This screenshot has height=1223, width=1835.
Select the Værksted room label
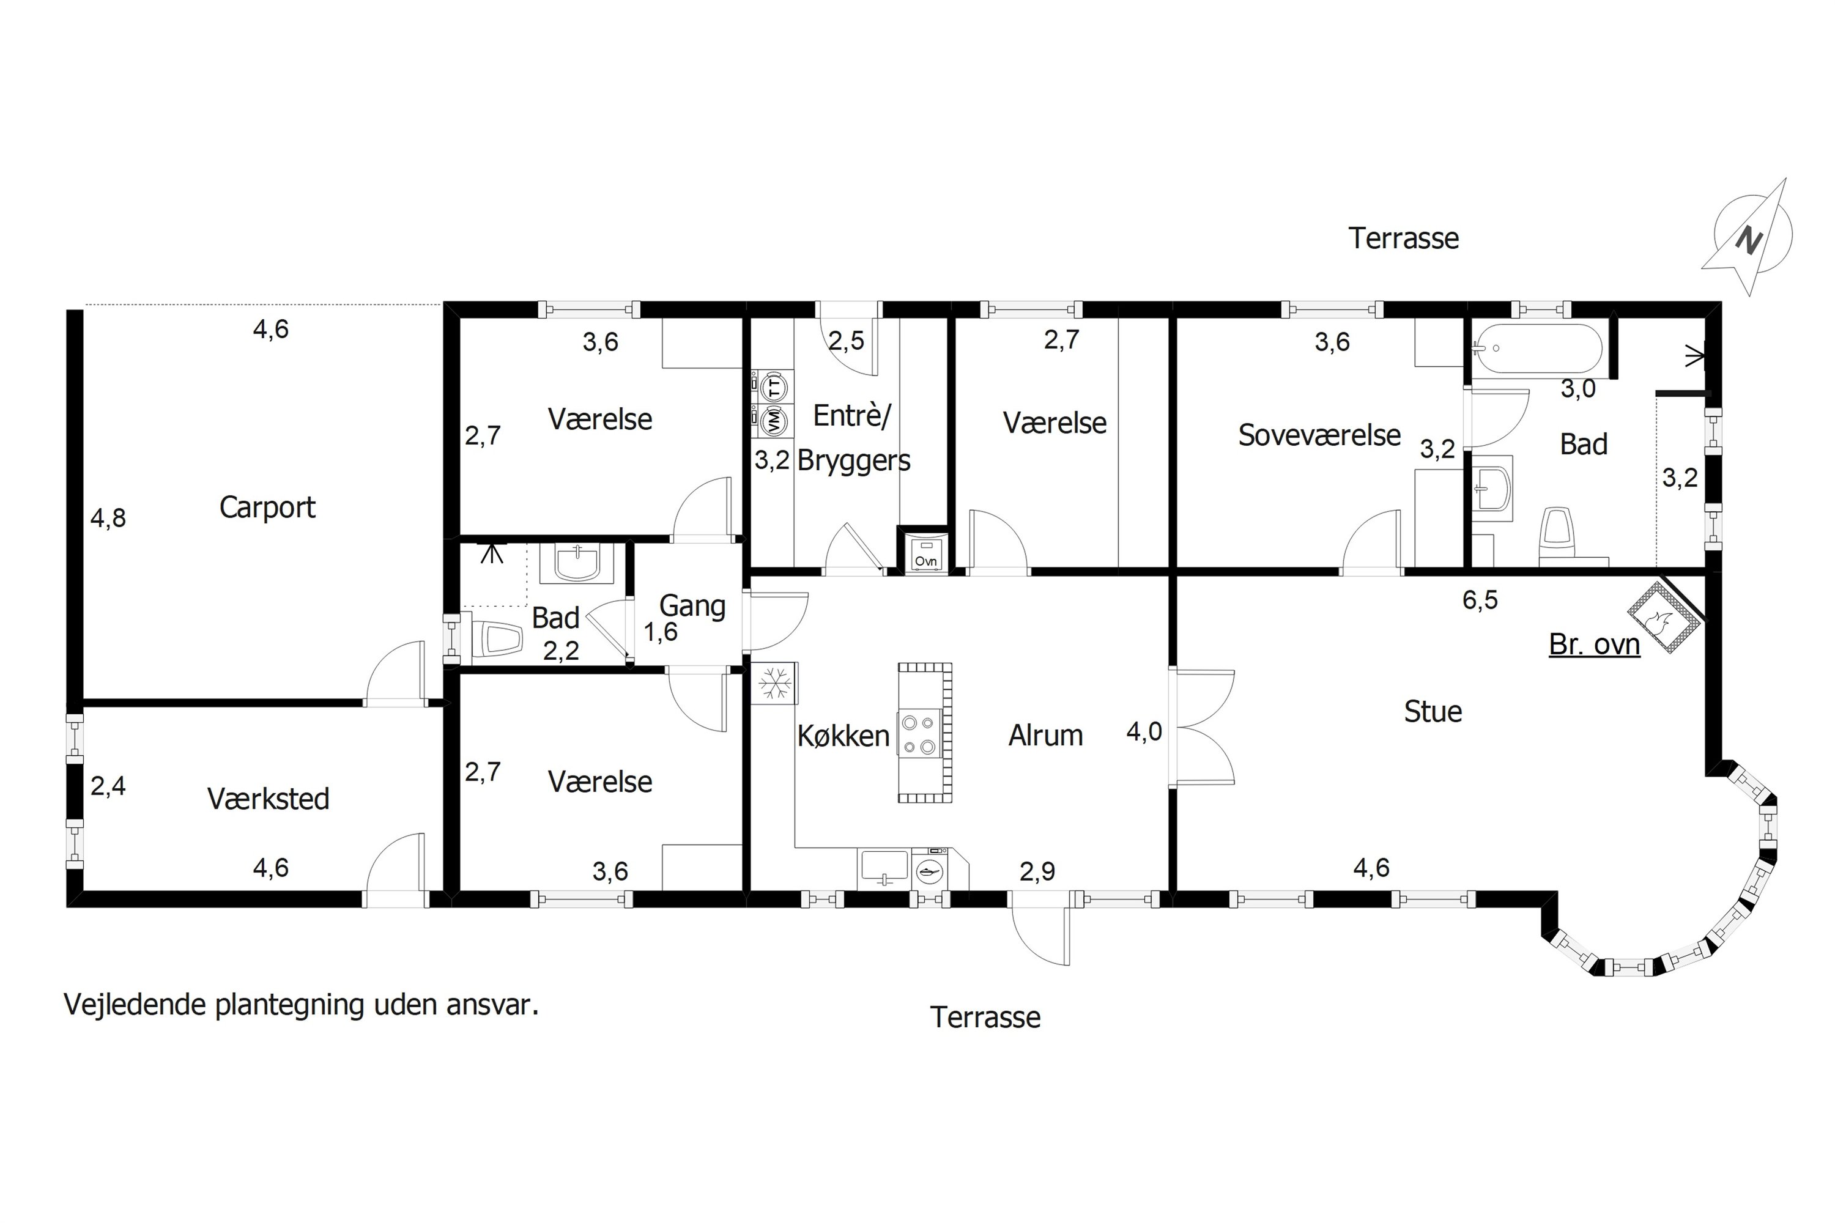click(x=269, y=799)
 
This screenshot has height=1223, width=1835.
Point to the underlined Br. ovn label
click(x=1594, y=645)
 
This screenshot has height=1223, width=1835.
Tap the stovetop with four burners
click(x=918, y=734)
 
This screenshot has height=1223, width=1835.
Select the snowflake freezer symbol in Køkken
click(x=774, y=683)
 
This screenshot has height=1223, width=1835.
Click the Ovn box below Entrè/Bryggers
click(x=925, y=553)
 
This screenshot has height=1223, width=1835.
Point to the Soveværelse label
click(x=1319, y=435)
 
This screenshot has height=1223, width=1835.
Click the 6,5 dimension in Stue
click(x=1480, y=600)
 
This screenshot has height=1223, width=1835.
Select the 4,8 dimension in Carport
click(x=108, y=518)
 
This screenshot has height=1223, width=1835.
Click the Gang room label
click(x=692, y=606)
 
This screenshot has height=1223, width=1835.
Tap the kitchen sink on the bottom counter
click(x=883, y=869)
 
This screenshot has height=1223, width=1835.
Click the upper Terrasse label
click(x=1404, y=238)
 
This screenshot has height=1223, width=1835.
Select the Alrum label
click(x=1045, y=736)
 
